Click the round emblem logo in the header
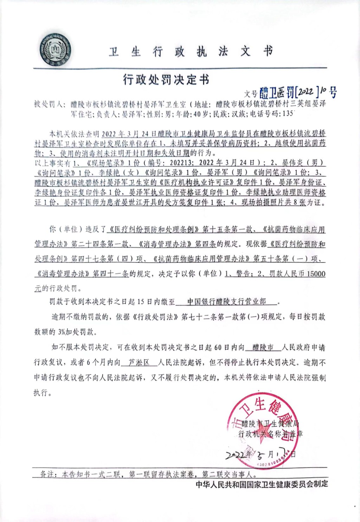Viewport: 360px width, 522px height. pos(55,50)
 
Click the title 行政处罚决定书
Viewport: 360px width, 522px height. pos(166,80)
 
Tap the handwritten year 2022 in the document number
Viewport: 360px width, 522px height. pos(306,92)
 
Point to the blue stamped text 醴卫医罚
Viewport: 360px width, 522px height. pos(277,93)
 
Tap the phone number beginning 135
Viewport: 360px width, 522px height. pos(288,114)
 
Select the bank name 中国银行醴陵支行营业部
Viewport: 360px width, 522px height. pos(226,301)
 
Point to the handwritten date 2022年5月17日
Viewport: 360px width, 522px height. pos(260,454)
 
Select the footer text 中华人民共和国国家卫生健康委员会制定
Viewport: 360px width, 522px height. pos(262,484)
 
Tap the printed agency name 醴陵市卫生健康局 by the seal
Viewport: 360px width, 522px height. pos(270,424)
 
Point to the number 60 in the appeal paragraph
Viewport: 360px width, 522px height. pos(218,348)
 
